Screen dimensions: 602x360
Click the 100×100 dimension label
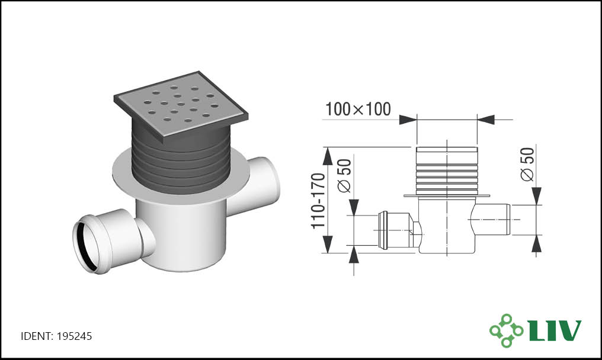click(x=358, y=109)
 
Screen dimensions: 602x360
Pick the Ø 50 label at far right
click(x=527, y=164)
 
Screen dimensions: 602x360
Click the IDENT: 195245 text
click(x=56, y=336)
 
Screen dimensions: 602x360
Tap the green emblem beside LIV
click(x=506, y=330)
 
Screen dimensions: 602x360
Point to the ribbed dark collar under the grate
click(x=181, y=161)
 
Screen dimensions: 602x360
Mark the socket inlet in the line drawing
click(x=395, y=230)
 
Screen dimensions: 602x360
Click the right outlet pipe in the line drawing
click(x=493, y=220)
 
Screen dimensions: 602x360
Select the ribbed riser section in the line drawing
click(x=447, y=171)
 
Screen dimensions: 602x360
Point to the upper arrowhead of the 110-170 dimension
click(x=327, y=156)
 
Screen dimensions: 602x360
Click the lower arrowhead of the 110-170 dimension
click(x=327, y=245)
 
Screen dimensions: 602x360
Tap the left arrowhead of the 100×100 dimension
click(x=407, y=120)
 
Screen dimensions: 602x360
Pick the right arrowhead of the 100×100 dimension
click(x=486, y=120)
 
